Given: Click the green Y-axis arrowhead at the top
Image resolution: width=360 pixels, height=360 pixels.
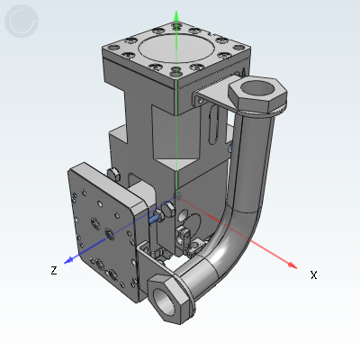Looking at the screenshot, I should click(x=177, y=16).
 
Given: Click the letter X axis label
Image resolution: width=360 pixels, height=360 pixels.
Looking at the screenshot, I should click(x=313, y=274).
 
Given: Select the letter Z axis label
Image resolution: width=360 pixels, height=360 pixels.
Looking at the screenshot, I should click(x=54, y=270).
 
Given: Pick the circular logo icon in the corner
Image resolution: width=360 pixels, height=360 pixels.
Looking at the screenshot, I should click(x=21, y=21).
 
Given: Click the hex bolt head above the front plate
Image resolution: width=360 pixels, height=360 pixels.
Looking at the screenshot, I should click(x=112, y=174).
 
